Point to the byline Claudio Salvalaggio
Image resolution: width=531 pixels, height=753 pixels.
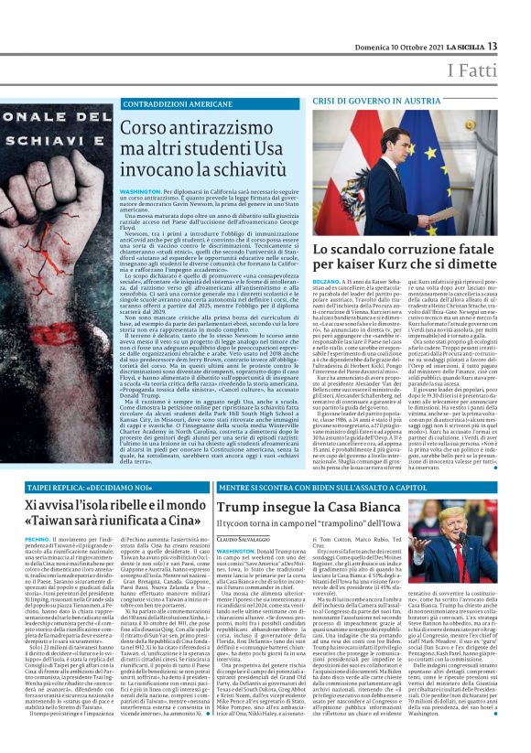click(247, 539)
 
